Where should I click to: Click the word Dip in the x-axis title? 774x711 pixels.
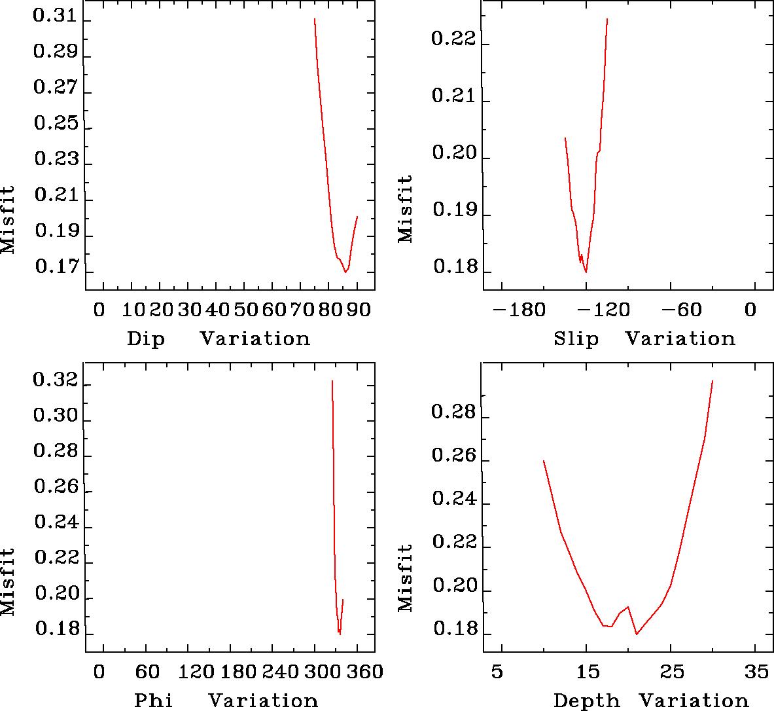click(146, 339)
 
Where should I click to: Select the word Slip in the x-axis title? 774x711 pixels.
click(576, 339)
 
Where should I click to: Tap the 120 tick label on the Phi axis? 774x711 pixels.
click(187, 672)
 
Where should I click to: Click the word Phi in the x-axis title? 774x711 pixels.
click(154, 701)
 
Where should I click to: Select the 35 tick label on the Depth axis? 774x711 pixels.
click(757, 672)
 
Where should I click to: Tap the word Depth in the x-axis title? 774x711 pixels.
click(586, 701)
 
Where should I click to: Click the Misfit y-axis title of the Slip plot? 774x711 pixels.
click(406, 208)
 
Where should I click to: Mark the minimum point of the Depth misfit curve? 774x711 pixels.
click(636, 634)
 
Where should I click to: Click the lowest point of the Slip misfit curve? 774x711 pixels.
click(586, 272)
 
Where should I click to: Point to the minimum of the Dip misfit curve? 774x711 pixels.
click(345, 272)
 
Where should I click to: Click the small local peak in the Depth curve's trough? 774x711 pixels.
click(627, 607)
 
